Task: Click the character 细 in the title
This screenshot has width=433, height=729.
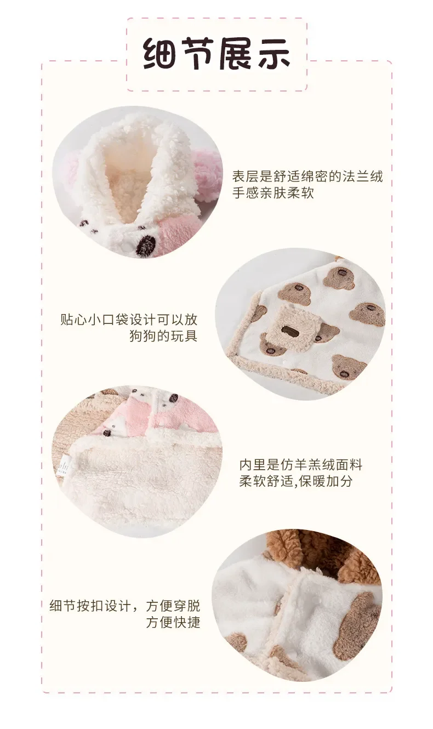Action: pos(160,54)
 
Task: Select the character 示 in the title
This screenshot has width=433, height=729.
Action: pos(274,54)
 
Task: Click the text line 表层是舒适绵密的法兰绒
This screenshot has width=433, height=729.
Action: pos(307,176)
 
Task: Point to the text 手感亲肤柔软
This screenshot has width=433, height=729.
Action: pos(273,193)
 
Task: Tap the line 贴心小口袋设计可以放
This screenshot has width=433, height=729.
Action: pos(129,320)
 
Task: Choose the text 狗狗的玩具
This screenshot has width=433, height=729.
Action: pos(163,336)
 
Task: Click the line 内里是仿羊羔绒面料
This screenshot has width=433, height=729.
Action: pos(301,465)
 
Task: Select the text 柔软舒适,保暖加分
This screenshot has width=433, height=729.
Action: pos(296,481)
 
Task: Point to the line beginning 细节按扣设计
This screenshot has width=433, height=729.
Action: pos(124,606)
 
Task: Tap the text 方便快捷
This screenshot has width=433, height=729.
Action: pos(173,622)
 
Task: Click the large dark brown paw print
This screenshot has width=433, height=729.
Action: pos(145,244)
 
